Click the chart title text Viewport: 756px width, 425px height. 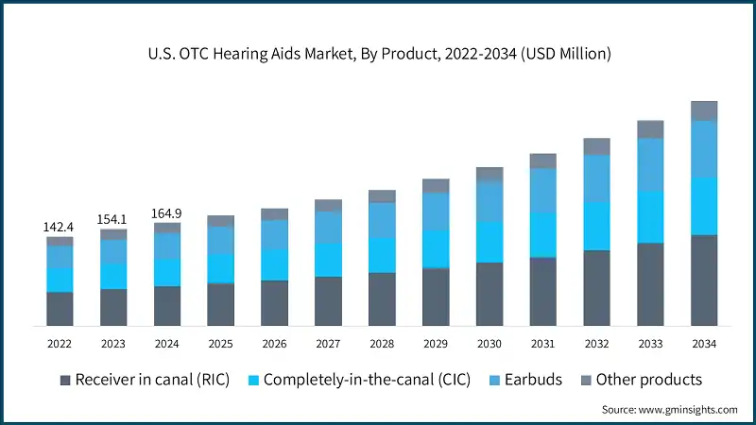point(378,54)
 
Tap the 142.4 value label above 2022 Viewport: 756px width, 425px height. point(60,228)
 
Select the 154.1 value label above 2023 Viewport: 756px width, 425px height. point(113,219)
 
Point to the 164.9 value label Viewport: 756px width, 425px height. point(167,213)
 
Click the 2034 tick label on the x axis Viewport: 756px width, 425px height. point(704,343)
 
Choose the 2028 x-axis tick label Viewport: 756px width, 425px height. point(382,343)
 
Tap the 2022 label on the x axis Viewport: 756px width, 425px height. point(60,343)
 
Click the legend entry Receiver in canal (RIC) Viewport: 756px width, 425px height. point(145,380)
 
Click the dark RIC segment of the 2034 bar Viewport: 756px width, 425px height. point(704,280)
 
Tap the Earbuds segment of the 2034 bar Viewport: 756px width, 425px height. point(704,149)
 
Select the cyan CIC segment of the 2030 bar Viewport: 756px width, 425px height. point(490,242)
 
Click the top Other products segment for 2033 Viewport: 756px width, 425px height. point(650,129)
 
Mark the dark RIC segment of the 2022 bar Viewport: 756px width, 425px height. point(60,309)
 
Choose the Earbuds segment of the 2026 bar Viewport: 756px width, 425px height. point(274,234)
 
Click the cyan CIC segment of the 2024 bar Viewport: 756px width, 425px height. point(167,272)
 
